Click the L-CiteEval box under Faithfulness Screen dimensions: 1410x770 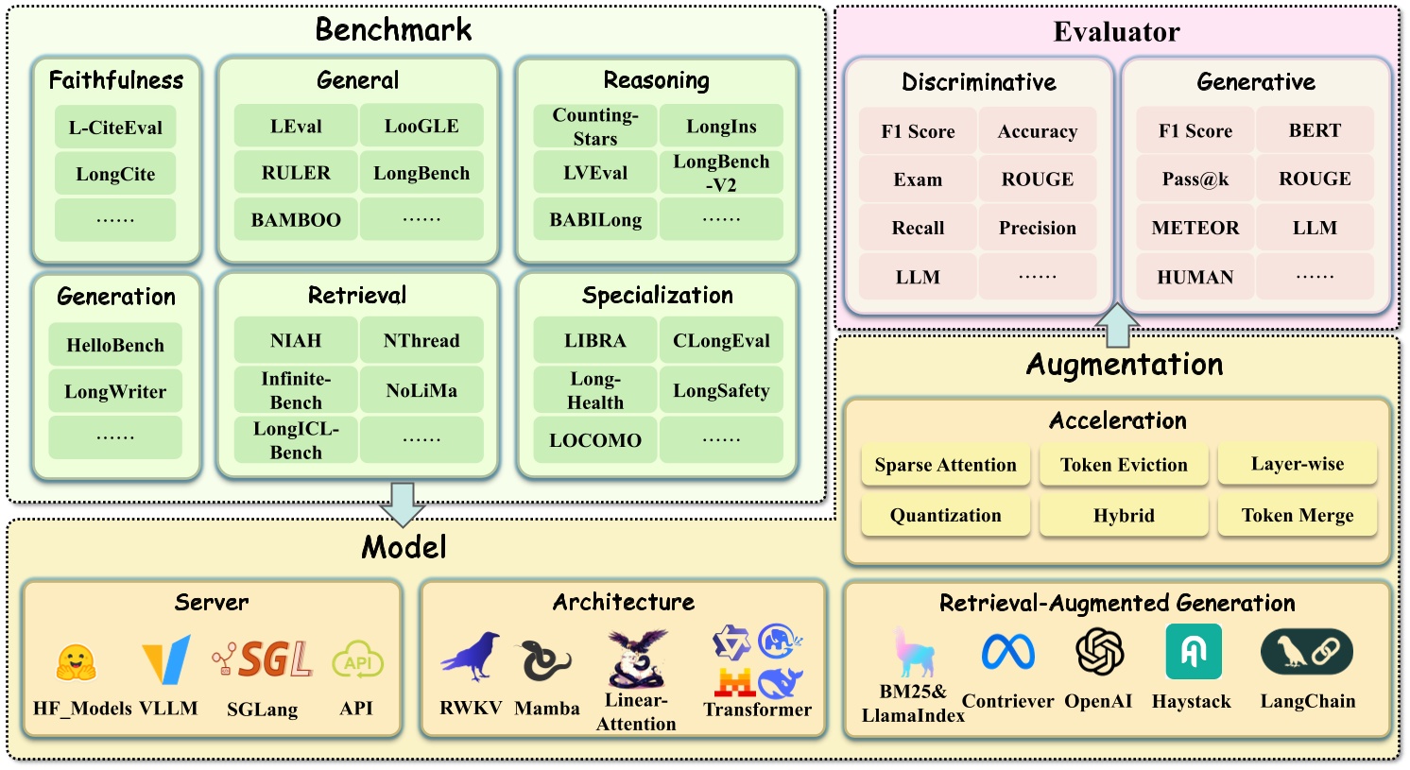point(115,128)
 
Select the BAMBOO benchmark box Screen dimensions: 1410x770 point(296,219)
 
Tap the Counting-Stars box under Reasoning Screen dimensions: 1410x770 point(594,127)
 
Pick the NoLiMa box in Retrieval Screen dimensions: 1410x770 point(421,390)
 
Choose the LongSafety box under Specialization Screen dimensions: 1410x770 point(721,390)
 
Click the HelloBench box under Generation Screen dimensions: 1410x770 point(115,345)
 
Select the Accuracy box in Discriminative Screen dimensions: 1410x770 point(1038,130)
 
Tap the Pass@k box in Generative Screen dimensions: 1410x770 point(1195,179)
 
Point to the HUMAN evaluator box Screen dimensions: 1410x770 point(1195,277)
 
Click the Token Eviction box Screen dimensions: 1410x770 point(1124,464)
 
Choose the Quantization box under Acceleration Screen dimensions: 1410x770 point(945,515)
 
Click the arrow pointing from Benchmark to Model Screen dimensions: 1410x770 point(403,505)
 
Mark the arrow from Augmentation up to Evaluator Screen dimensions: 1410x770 point(1117,325)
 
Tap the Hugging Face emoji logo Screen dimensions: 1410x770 point(76,663)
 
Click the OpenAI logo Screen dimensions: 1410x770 point(1099,652)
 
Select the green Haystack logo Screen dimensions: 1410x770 point(1194,652)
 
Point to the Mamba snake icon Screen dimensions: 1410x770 point(545,660)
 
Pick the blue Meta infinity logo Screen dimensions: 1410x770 point(1007,652)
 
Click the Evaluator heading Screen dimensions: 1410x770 point(1117,31)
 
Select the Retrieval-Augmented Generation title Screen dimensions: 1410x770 point(1117,603)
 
